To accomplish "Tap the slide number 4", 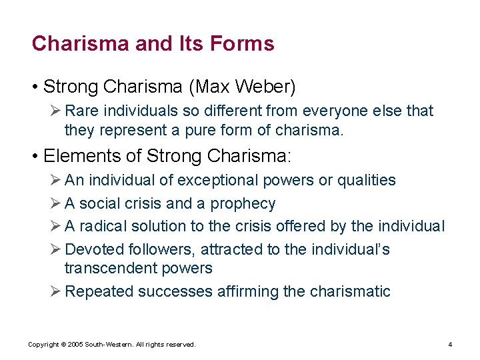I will tap(451, 345).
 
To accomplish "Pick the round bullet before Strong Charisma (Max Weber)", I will tap(35, 87).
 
